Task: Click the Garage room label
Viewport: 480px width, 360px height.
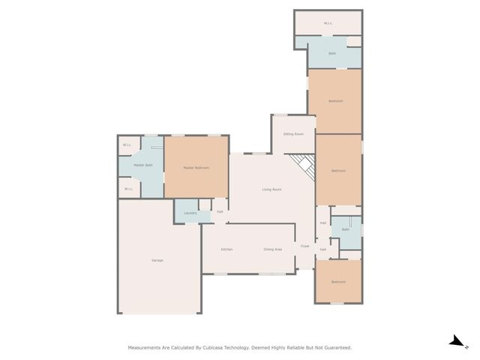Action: click(x=157, y=260)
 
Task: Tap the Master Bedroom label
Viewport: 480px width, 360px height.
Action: click(x=196, y=168)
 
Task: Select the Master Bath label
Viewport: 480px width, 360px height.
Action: click(x=143, y=165)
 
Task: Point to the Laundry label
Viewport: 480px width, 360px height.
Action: click(x=190, y=214)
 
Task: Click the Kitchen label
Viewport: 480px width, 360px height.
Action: click(x=226, y=249)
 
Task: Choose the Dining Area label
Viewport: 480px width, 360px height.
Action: click(x=272, y=249)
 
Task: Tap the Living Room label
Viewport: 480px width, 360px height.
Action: click(x=271, y=190)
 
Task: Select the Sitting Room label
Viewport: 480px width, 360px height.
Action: click(x=293, y=134)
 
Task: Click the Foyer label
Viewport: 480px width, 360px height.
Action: click(x=305, y=246)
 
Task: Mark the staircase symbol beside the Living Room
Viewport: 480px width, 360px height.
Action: click(x=303, y=167)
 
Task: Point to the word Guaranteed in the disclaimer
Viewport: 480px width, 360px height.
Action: click(x=335, y=348)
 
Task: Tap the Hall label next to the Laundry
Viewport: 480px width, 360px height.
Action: click(x=220, y=212)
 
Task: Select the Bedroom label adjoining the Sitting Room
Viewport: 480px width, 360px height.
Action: click(x=335, y=101)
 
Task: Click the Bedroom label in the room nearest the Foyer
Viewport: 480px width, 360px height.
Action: click(x=339, y=282)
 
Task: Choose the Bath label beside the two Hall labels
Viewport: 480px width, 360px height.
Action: click(x=346, y=229)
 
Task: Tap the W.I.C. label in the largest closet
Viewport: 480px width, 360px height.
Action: click(x=328, y=23)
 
